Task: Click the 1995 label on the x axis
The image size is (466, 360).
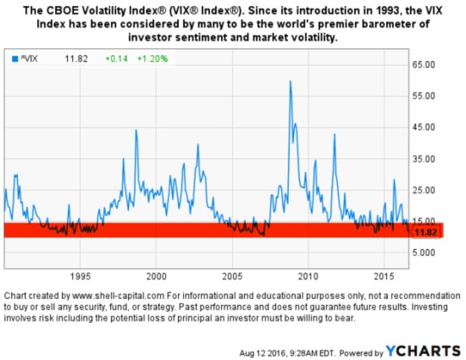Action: (80, 277)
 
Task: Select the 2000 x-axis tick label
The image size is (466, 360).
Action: (156, 277)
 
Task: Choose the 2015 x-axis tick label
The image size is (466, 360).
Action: (384, 277)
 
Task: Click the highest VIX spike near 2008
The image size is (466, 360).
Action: (291, 82)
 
